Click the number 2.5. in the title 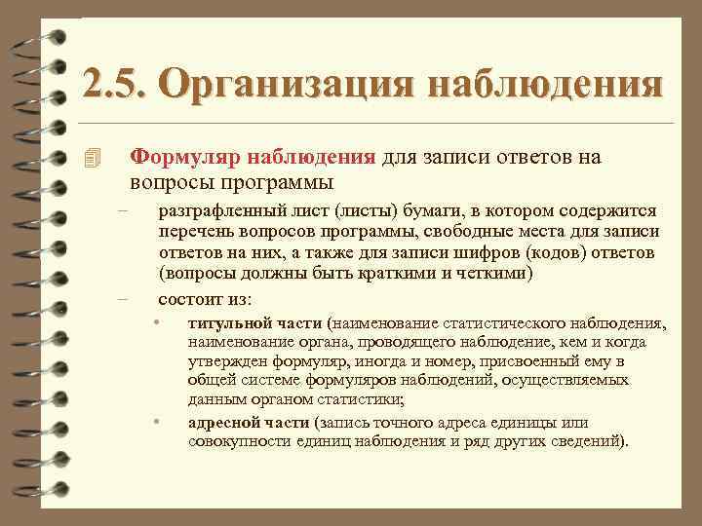(x=115, y=84)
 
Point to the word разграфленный (x=212, y=211)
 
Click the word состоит (x=190, y=297)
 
